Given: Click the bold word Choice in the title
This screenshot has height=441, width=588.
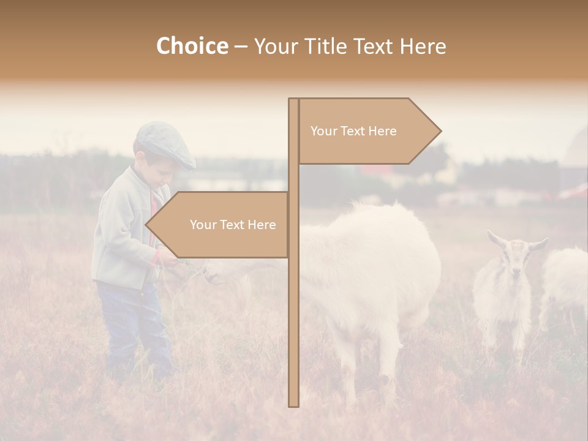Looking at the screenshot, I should pyautogui.click(x=192, y=46).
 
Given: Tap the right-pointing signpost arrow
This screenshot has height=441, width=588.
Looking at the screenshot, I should pyautogui.click(x=367, y=131).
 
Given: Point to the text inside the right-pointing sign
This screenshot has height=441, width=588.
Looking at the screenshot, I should pyautogui.click(x=353, y=131).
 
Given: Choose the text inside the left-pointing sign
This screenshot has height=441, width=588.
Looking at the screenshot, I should pyautogui.click(x=233, y=225).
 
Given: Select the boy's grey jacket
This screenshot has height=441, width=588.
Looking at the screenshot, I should pyautogui.click(x=123, y=233).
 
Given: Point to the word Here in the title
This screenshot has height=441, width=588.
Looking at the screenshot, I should pyautogui.click(x=423, y=46).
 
